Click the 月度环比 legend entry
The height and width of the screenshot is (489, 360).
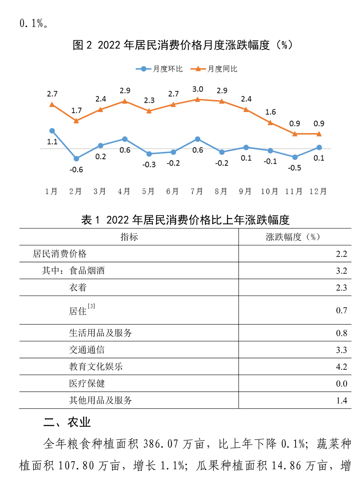click(x=159, y=69)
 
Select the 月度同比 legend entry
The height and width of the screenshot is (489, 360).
click(x=214, y=69)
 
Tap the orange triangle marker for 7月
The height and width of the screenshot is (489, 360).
click(x=197, y=99)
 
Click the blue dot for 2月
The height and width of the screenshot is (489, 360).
click(x=76, y=159)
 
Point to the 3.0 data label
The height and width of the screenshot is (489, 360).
click(x=198, y=89)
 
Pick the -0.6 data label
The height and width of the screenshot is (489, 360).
click(x=76, y=169)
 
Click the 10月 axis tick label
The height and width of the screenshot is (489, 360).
click(x=269, y=191)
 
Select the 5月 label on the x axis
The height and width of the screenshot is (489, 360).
click(x=148, y=191)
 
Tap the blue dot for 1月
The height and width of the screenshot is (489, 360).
click(x=52, y=131)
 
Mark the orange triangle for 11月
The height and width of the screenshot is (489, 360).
click(x=295, y=134)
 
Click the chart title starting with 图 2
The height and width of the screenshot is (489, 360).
click(x=183, y=45)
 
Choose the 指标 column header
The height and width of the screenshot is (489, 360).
click(x=129, y=237)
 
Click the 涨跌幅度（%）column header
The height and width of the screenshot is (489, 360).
click(x=293, y=237)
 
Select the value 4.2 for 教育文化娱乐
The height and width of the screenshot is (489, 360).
click(x=341, y=367)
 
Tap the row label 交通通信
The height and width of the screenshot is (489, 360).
click(x=87, y=350)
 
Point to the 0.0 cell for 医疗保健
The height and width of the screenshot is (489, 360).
click(x=341, y=384)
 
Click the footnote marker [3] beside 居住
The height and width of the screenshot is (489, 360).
click(x=91, y=306)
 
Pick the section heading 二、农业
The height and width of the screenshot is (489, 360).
click(x=67, y=422)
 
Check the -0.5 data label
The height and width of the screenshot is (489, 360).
click(x=294, y=168)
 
